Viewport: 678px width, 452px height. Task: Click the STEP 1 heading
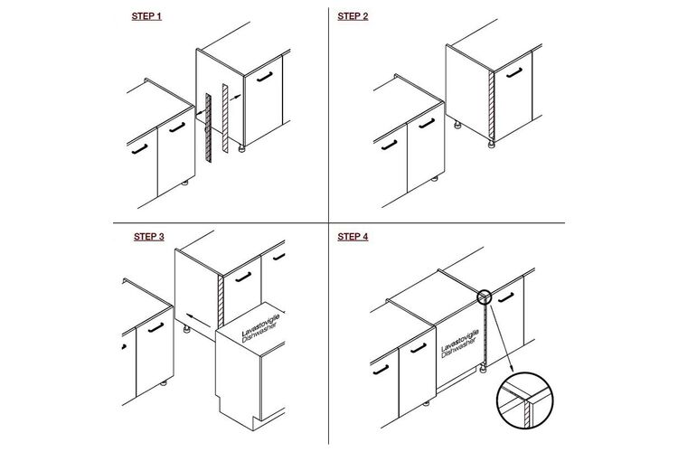(146, 16)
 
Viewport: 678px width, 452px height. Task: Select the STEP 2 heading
(353, 16)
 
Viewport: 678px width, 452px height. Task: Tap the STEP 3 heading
(149, 237)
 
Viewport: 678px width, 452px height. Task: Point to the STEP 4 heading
(353, 237)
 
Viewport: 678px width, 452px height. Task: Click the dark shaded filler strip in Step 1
(209, 127)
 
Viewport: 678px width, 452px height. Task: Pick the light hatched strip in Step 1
(225, 118)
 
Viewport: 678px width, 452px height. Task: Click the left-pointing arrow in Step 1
(200, 112)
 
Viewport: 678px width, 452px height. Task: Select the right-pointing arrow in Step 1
(235, 98)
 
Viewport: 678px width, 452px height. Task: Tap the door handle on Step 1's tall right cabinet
(265, 77)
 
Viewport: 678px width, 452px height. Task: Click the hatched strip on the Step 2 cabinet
(491, 106)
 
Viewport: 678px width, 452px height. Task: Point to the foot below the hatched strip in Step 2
(491, 145)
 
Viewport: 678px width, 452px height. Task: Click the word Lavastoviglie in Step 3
(260, 325)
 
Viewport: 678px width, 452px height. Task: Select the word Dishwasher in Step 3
(259, 333)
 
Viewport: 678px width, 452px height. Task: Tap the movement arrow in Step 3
(199, 320)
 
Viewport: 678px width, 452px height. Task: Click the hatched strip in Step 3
(221, 301)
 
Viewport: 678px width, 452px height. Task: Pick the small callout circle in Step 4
(485, 297)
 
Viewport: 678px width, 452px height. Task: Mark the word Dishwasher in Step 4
(458, 348)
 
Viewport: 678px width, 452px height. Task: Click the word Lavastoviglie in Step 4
(459, 340)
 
